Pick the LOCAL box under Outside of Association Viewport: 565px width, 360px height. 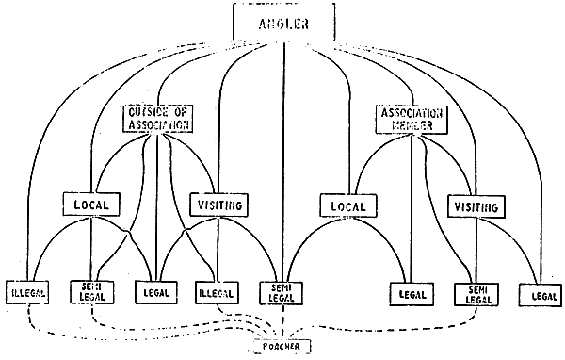coord(90,203)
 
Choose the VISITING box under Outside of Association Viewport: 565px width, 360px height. coord(218,204)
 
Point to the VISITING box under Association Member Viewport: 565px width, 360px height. coord(474,205)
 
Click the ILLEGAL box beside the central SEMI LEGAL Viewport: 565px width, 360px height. coord(218,293)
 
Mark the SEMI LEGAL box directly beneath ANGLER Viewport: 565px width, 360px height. coord(283,294)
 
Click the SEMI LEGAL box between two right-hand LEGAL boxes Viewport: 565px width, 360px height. coord(475,293)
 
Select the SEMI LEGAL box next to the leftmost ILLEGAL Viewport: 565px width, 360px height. coord(90,293)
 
